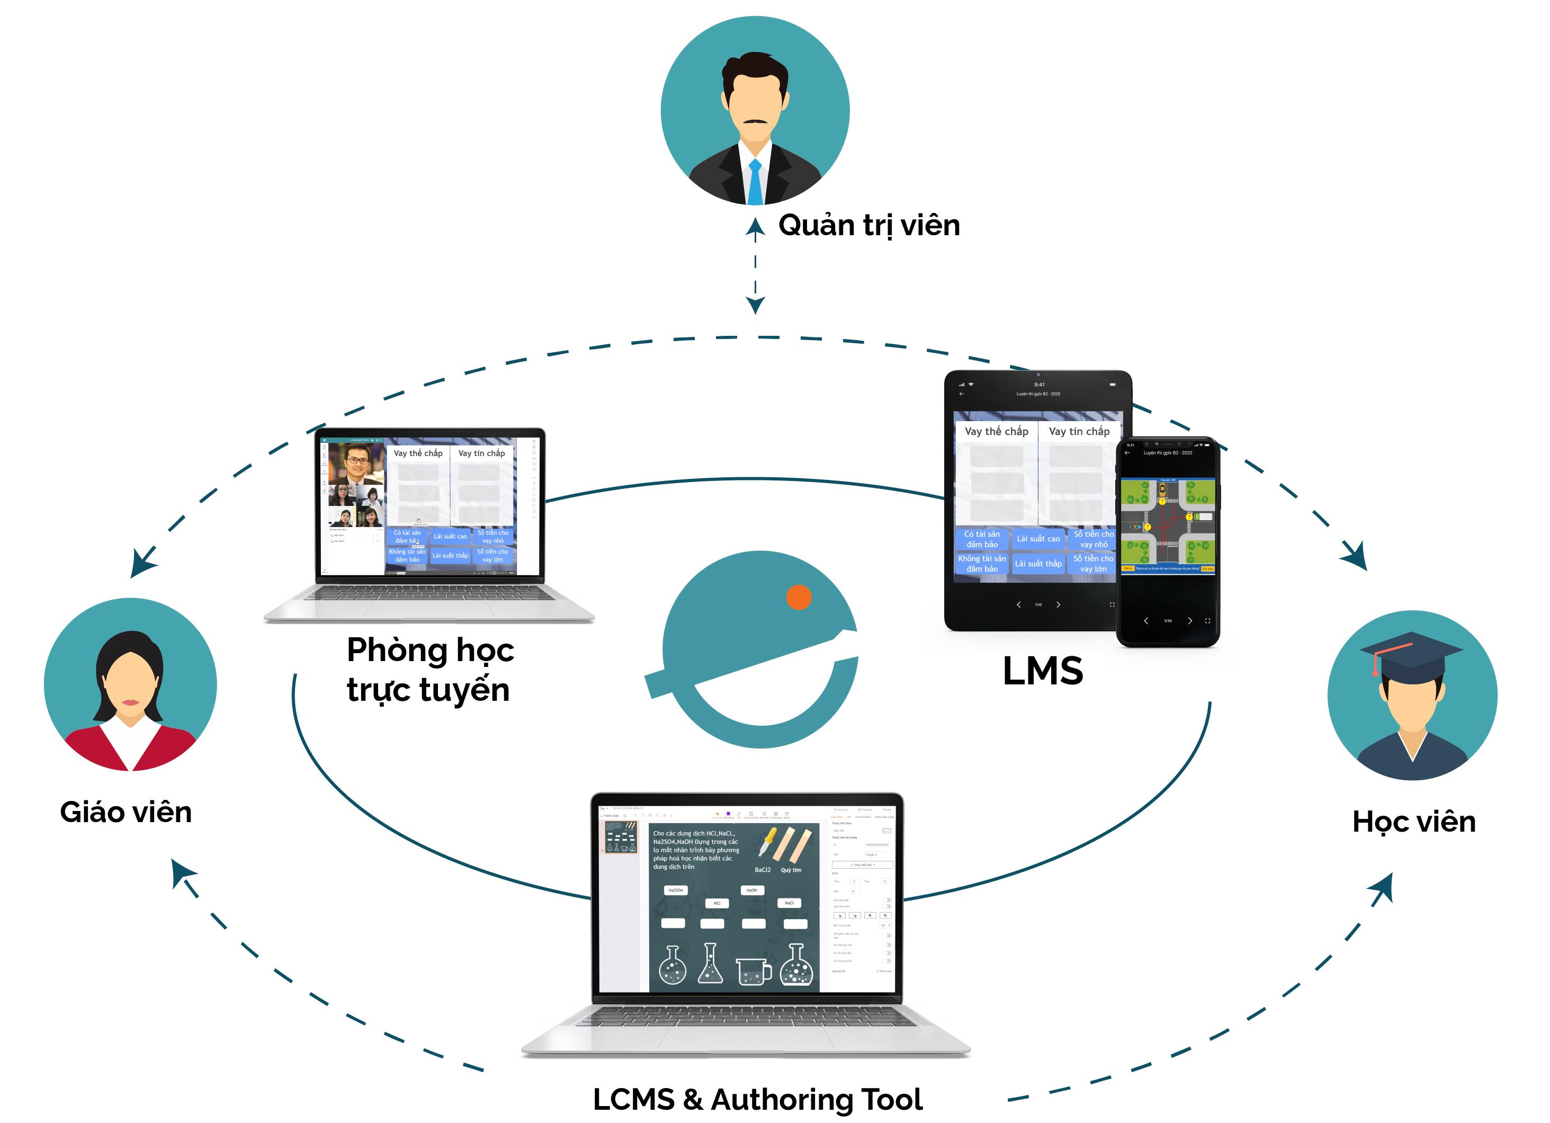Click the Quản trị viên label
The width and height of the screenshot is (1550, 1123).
click(868, 226)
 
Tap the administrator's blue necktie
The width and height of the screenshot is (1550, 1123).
click(755, 181)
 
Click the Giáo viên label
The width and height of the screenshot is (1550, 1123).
click(126, 813)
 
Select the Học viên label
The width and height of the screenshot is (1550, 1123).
click(1413, 822)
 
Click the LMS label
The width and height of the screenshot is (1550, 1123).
click(1042, 671)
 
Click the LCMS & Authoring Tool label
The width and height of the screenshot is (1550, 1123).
click(757, 1099)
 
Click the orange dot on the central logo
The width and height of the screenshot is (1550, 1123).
click(798, 596)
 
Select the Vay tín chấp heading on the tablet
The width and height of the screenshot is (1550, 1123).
click(1079, 431)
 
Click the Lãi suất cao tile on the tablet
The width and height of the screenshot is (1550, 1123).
click(1037, 539)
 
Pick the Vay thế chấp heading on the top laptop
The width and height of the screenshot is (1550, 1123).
click(418, 453)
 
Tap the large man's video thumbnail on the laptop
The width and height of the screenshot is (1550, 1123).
click(355, 464)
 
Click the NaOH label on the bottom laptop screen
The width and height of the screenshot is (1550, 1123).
click(752, 890)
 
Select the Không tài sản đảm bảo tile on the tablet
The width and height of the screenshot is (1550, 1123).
click(981, 563)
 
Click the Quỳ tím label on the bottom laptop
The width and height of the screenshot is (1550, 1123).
click(791, 870)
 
